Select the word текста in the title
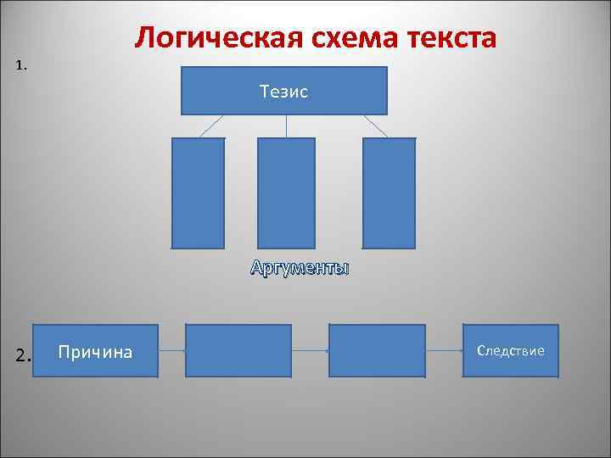(451, 37)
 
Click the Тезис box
(284, 91)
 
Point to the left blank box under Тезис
(199, 193)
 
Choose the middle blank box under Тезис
(286, 193)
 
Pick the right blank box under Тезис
(390, 193)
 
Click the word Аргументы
(300, 269)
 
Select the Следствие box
(511, 350)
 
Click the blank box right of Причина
(238, 350)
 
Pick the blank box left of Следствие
(376, 350)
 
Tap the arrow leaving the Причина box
(172, 351)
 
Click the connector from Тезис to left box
(211, 126)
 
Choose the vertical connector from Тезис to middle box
(286, 126)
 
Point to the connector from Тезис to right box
(376, 126)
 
